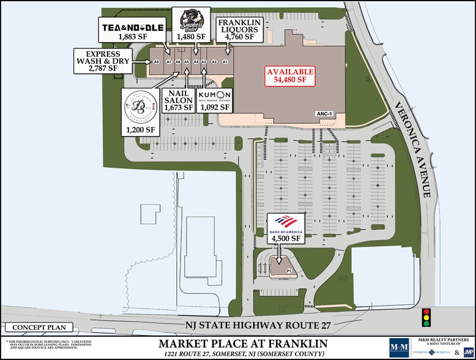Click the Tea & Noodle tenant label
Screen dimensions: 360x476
(x=132, y=27)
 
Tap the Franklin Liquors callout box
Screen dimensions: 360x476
(x=240, y=30)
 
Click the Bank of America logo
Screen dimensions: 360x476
(x=285, y=223)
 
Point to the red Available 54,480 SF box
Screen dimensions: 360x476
(x=290, y=75)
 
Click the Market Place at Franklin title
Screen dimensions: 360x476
(x=243, y=343)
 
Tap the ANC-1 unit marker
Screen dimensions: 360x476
(x=324, y=113)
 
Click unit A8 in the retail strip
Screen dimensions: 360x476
(x=157, y=62)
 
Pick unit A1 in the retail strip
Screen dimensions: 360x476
(x=225, y=62)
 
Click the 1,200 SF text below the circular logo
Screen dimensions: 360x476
(x=141, y=130)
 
